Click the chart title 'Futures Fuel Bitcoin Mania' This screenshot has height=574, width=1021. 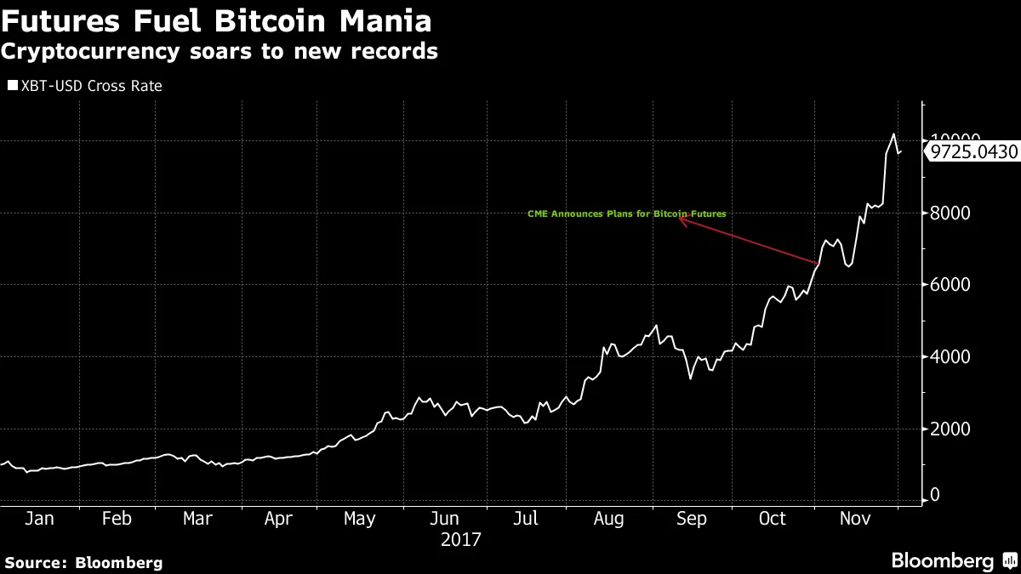click(x=215, y=20)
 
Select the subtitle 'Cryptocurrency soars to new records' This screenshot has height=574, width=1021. click(x=220, y=52)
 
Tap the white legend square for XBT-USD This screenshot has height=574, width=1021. click(x=12, y=86)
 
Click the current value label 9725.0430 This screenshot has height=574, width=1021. click(x=973, y=152)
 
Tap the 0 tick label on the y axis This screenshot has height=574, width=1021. click(x=935, y=495)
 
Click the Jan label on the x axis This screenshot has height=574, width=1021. click(x=39, y=519)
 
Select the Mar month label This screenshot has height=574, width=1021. click(x=197, y=519)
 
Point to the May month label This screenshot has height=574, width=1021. click(x=360, y=519)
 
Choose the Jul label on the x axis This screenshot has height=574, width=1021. click(x=528, y=519)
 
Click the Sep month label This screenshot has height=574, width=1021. click(x=691, y=519)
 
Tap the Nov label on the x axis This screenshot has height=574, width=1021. click(x=855, y=519)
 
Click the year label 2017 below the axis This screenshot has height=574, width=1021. click(x=461, y=539)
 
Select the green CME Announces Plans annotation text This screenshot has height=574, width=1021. click(x=627, y=214)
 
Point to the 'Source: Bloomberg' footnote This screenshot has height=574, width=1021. click(x=83, y=562)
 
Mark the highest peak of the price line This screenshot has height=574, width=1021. click(x=893, y=134)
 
